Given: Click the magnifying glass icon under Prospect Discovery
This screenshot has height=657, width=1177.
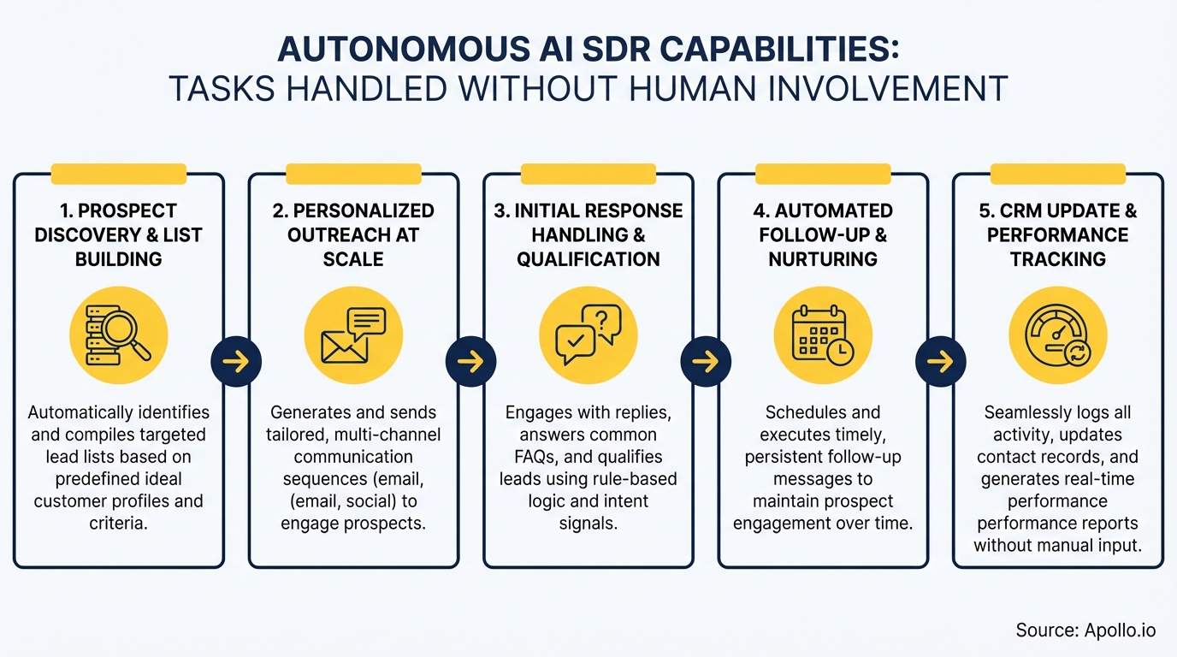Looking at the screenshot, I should [x=119, y=334].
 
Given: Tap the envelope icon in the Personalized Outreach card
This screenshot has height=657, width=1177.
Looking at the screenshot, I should [x=353, y=334].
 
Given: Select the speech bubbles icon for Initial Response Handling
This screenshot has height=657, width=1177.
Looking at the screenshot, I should [x=588, y=334].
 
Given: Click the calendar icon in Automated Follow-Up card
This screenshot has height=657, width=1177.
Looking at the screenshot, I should [x=823, y=334].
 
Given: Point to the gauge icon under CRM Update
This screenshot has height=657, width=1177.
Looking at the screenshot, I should [x=1058, y=334].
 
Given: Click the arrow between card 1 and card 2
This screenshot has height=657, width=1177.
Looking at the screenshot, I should [x=236, y=362].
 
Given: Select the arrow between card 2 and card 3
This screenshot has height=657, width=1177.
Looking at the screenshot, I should [x=471, y=362].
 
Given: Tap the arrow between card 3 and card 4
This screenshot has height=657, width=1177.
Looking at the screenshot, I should [x=706, y=362].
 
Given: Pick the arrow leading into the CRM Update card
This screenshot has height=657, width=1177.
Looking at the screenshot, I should [x=941, y=362].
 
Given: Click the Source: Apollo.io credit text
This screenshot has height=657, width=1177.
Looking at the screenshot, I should [x=1085, y=630].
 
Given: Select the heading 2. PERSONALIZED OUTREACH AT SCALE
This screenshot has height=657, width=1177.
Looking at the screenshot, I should [x=353, y=234].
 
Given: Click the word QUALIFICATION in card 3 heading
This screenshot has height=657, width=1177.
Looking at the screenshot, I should [x=588, y=259].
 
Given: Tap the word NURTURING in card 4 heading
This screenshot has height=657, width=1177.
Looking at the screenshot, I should [x=823, y=259].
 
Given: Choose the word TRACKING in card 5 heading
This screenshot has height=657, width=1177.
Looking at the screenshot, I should [x=1058, y=259].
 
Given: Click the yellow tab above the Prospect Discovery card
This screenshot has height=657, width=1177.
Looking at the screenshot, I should [x=119, y=174].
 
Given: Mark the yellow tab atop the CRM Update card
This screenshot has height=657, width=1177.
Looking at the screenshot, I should [x=1058, y=174].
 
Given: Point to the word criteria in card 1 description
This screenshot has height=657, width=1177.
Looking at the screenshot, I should [x=119, y=524].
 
